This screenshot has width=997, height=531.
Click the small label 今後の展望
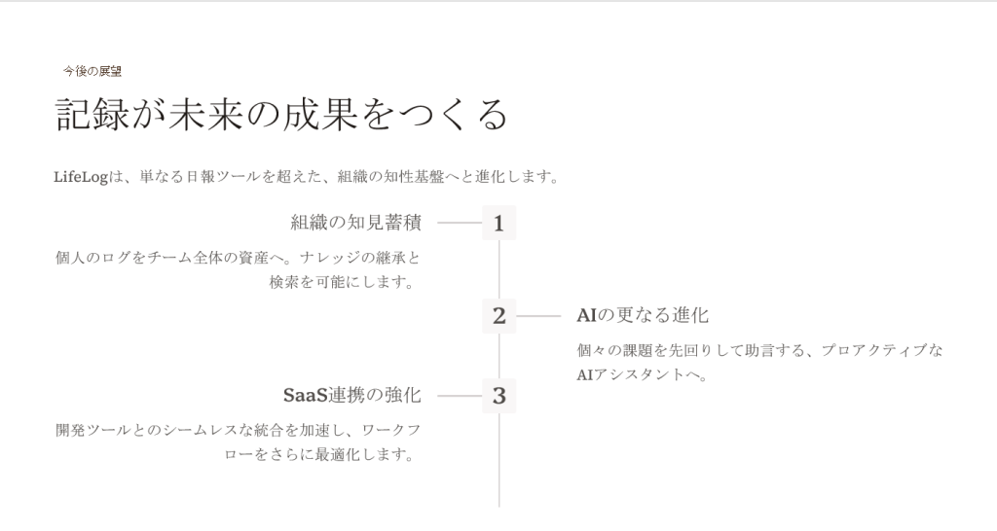point(92,71)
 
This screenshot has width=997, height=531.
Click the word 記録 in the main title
point(92,115)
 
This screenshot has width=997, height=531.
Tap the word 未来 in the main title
point(205,115)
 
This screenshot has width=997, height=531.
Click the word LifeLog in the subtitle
point(81,177)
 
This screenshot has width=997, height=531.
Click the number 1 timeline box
point(498,223)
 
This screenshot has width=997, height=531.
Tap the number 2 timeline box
point(498,316)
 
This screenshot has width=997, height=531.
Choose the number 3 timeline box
point(498,396)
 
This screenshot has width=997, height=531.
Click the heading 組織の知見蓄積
point(356,223)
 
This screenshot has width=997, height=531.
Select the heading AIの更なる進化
point(643,315)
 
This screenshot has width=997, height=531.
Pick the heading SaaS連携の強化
point(352,395)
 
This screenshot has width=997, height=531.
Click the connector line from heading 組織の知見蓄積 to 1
point(460,223)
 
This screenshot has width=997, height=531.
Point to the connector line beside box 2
point(538,316)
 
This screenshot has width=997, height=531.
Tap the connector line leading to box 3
point(460,396)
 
